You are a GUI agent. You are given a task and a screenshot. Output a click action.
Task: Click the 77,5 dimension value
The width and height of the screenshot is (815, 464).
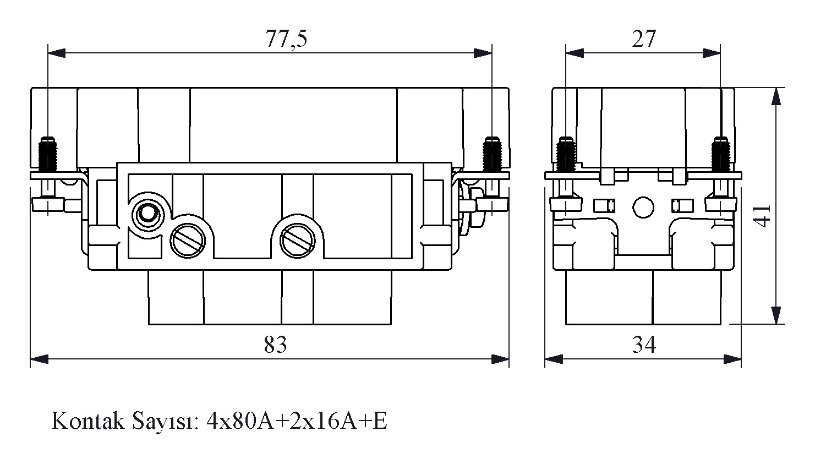pyautogui.click(x=286, y=40)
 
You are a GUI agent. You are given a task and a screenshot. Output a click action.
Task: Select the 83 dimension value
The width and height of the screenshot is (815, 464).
pyautogui.click(x=275, y=346)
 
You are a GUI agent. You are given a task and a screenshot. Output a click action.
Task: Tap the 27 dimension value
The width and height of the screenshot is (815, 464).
pyautogui.click(x=643, y=40)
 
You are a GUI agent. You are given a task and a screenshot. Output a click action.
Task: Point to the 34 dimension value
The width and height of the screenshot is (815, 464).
pyautogui.click(x=643, y=346)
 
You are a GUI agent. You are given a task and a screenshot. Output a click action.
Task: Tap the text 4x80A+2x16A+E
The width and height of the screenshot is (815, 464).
pyautogui.click(x=297, y=422)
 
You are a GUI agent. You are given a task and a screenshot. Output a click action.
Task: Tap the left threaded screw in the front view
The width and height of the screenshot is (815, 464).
pyautogui.click(x=49, y=154)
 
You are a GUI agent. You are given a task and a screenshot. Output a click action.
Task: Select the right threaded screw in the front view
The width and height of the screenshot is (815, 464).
pyautogui.click(x=491, y=154)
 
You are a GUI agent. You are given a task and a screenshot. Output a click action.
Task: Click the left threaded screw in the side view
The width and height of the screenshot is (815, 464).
pyautogui.click(x=565, y=154)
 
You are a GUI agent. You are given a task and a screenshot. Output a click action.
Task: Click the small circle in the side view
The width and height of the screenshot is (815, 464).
pyautogui.click(x=643, y=206)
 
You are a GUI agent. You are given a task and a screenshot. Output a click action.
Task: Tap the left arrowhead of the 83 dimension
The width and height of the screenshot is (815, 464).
pyautogui.click(x=39, y=359)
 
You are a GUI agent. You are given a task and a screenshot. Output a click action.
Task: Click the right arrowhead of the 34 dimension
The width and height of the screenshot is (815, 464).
pyautogui.click(x=733, y=359)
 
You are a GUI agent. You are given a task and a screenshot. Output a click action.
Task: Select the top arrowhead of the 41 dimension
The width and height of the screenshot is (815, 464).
pyautogui.click(x=776, y=97)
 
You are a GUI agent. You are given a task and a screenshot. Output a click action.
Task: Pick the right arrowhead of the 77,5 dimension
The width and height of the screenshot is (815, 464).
pyautogui.click(x=483, y=53)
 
